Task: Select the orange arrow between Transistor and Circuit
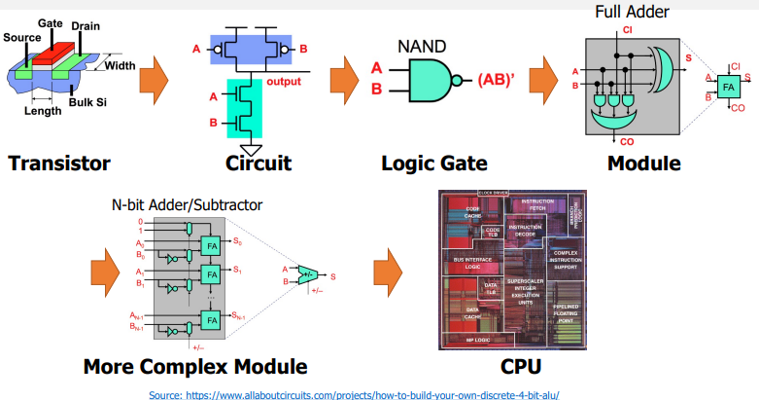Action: click(155, 78)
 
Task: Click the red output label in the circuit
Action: click(284, 81)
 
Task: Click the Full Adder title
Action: click(633, 13)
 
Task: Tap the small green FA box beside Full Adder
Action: click(728, 89)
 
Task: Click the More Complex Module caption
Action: click(194, 367)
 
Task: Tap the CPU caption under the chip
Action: click(515, 367)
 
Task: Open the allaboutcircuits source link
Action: click(355, 393)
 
